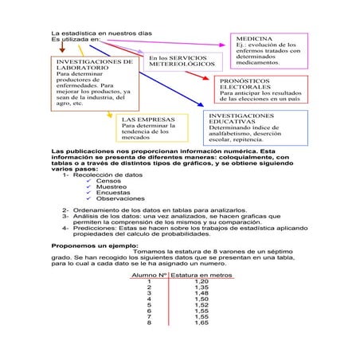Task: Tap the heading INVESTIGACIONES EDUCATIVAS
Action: coord(240,118)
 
